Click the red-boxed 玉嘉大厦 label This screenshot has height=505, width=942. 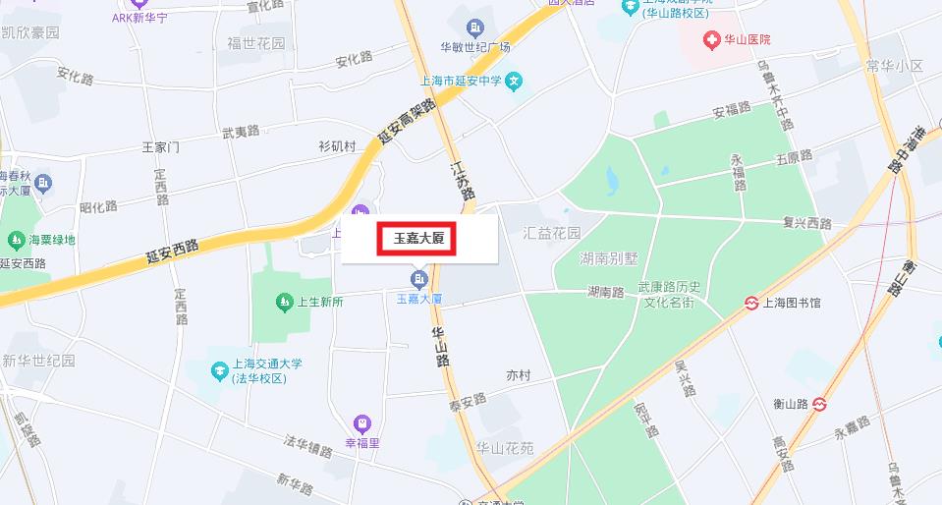click(x=418, y=238)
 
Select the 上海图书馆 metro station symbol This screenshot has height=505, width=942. click(x=750, y=303)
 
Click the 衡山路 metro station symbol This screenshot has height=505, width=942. click(x=821, y=403)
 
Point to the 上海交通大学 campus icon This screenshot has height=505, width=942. click(x=219, y=370)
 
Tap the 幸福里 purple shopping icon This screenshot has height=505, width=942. click(x=362, y=423)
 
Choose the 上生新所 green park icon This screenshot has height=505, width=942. click(x=284, y=302)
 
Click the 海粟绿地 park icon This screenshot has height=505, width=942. click(x=16, y=240)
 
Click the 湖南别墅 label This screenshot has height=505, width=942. click(x=609, y=259)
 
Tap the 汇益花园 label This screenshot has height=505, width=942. click(x=552, y=234)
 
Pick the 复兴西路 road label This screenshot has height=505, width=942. click(x=807, y=223)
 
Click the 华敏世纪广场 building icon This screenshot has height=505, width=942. click(x=476, y=27)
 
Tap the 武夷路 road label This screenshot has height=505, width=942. click(x=241, y=131)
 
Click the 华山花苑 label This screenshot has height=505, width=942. click(x=504, y=448)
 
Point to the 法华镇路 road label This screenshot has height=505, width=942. click(x=308, y=446)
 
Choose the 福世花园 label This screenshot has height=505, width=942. click(x=256, y=44)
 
